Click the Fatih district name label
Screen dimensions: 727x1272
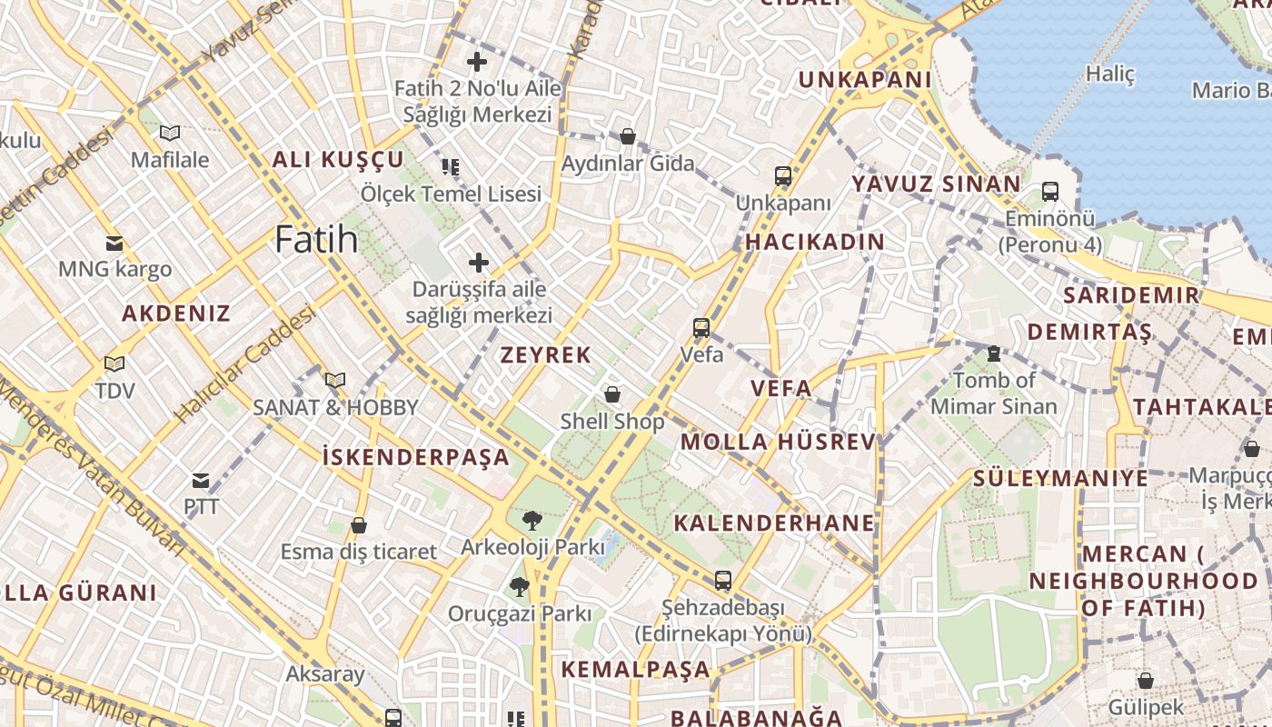click(316, 239)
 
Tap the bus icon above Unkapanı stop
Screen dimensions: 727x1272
click(783, 176)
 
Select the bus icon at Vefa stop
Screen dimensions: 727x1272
click(701, 327)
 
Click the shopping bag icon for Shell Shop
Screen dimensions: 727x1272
click(612, 394)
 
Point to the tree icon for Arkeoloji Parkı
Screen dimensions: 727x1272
click(532, 520)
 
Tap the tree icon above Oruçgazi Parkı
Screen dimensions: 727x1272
click(519, 587)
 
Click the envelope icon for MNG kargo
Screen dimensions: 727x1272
click(114, 243)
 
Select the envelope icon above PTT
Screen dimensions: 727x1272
click(201, 480)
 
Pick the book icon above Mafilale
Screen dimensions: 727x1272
click(170, 134)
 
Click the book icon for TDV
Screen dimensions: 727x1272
click(114, 364)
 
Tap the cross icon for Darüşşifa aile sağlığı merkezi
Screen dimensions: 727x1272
click(478, 263)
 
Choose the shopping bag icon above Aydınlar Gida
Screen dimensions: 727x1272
click(627, 137)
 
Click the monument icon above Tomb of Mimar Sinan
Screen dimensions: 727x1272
click(993, 354)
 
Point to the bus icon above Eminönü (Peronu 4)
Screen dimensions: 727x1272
click(1049, 192)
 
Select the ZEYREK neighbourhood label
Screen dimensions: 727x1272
click(546, 355)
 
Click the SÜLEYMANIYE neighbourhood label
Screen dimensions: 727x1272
click(1060, 478)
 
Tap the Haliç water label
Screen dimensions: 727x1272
click(1111, 75)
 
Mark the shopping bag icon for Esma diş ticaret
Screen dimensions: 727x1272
click(359, 525)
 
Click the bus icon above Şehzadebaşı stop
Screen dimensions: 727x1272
click(722, 580)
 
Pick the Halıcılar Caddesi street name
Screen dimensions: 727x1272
click(244, 363)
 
